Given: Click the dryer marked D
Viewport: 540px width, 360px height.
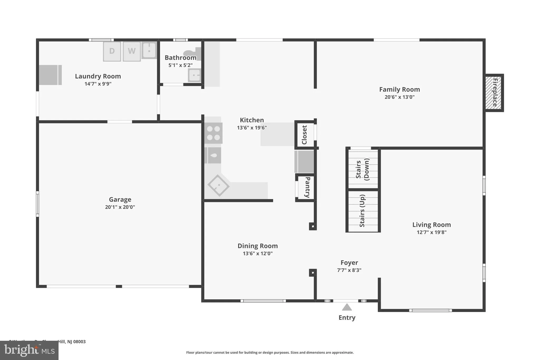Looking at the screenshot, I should (112, 51).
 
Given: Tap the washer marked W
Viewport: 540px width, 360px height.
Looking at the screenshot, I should (132, 51).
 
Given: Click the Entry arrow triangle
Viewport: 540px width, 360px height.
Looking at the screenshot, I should (347, 307).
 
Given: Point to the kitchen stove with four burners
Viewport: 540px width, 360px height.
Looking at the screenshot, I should (213, 133).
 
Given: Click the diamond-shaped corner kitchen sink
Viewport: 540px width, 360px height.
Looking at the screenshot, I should (218, 185).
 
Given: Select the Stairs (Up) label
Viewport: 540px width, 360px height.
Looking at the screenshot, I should (362, 211).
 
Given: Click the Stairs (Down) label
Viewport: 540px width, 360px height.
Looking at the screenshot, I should (363, 169).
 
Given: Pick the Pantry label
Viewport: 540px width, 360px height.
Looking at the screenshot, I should (307, 187).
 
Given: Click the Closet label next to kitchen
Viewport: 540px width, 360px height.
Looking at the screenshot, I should (305, 135).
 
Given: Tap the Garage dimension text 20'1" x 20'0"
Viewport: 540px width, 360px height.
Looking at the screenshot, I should (120, 207).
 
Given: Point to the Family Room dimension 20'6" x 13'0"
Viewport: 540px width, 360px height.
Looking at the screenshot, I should (399, 97).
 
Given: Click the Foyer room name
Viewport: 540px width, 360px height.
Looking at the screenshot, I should (349, 263).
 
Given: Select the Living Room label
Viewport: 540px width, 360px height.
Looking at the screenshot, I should (431, 225).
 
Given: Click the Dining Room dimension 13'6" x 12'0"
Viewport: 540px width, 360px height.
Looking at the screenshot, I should (258, 253).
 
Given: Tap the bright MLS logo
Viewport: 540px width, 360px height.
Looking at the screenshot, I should (29, 350).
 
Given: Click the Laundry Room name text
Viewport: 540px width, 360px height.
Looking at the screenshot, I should (98, 76).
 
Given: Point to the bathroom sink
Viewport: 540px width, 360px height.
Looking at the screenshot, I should (194, 75).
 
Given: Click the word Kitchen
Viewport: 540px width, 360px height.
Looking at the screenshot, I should (252, 120).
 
